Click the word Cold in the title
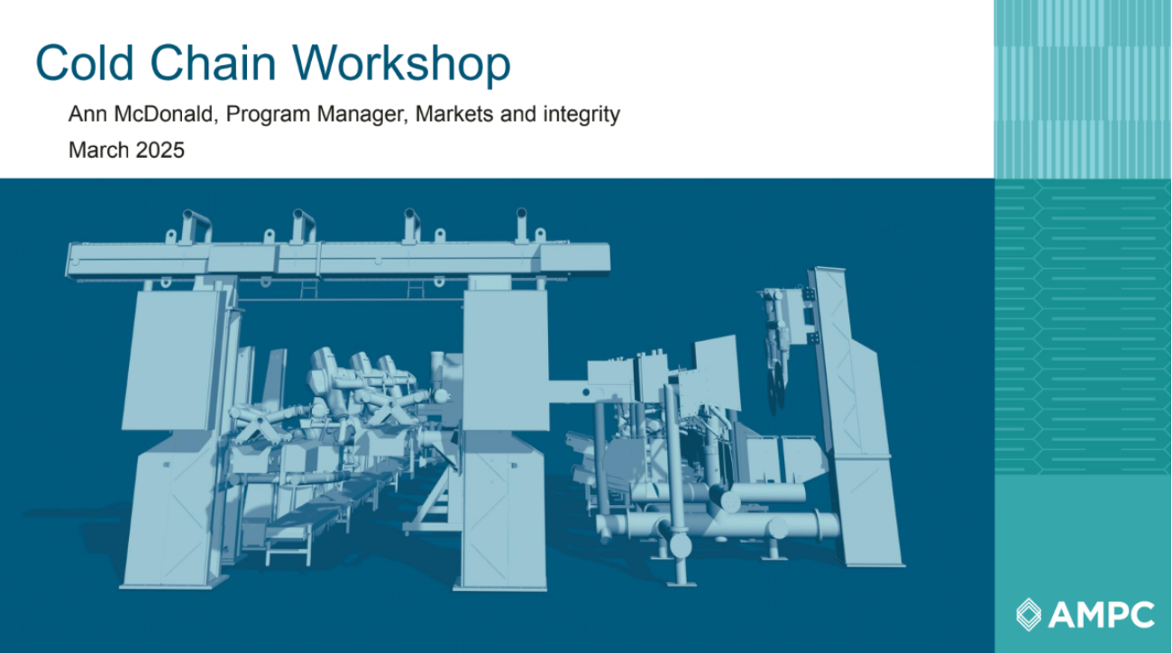point(84,63)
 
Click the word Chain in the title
point(213,63)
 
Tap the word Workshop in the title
point(401,64)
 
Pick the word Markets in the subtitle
point(453,114)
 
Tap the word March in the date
point(98,150)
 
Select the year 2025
point(160,150)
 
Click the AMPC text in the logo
point(1102,615)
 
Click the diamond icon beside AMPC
point(1029,614)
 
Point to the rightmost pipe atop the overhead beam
point(521,225)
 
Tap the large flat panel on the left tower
point(173,361)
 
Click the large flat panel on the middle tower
point(506,360)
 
